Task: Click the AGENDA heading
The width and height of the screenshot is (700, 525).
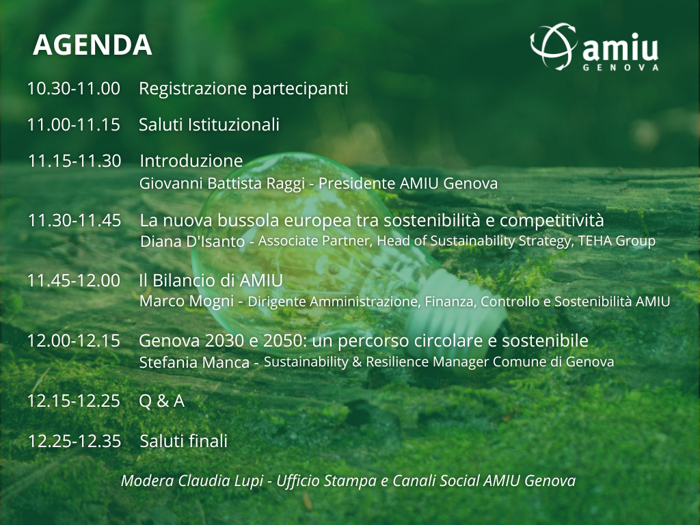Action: [92, 45]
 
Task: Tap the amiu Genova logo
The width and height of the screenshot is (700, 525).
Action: [595, 47]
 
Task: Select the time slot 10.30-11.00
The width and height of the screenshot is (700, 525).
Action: [74, 88]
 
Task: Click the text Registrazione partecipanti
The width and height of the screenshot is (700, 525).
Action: [243, 88]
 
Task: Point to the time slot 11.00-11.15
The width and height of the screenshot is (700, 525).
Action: [74, 124]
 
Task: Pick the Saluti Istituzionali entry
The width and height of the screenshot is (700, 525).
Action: [209, 124]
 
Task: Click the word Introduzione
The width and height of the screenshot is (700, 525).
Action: [191, 161]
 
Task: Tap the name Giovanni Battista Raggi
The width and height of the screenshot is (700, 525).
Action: [222, 183]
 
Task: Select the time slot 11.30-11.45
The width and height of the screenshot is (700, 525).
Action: [75, 221]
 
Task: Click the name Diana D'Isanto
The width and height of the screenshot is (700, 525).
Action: [192, 241]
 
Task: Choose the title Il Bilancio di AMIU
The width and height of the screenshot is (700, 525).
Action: [211, 280]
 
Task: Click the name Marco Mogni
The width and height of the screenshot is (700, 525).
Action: [187, 301]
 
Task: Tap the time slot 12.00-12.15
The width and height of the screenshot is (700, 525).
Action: [74, 341]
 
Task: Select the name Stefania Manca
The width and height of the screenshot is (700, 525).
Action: [194, 362]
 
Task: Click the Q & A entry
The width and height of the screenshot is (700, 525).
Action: [161, 401]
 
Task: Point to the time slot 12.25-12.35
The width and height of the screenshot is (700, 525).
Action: [75, 442]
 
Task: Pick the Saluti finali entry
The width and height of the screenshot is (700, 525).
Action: [183, 441]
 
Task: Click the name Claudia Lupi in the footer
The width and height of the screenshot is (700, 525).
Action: [219, 481]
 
